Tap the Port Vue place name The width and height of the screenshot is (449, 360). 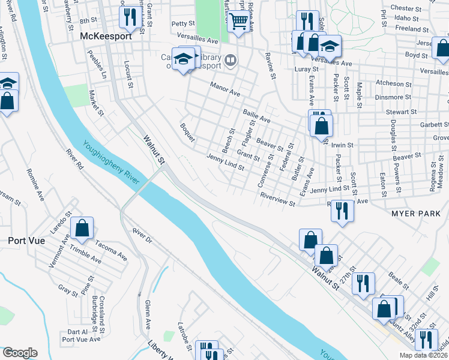[x=23, y=241]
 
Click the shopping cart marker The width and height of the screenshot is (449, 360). [x=239, y=22]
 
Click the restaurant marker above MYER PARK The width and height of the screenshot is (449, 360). [x=342, y=210]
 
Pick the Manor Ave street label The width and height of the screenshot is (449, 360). [x=225, y=90]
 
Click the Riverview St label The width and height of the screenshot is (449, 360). [x=277, y=200]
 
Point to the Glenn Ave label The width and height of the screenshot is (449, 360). [x=148, y=315]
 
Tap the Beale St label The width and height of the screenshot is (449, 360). [x=399, y=280]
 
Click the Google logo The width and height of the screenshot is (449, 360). [x=20, y=353]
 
